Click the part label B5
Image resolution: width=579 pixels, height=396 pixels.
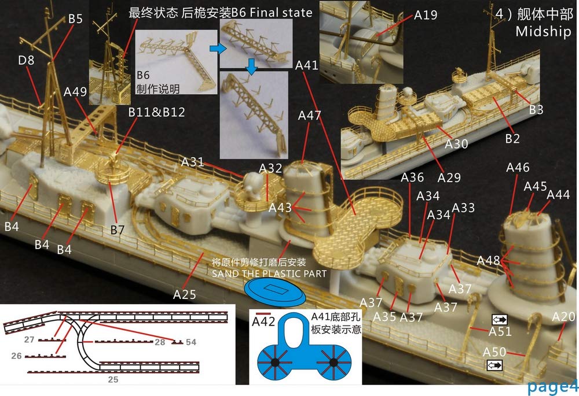coord(75,19)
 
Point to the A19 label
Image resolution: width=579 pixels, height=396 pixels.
coord(426,15)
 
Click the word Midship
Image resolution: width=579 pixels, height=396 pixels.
coord(543,32)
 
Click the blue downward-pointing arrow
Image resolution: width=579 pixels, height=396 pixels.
coord(252,69)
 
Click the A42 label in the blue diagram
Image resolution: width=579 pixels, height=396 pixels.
coord(263,323)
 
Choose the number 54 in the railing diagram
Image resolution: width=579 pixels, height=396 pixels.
coord(190,343)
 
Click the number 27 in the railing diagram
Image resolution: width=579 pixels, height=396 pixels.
coord(30,340)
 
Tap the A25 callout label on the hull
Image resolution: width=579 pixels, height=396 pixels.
coord(185,294)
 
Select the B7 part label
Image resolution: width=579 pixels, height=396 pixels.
coord(118,230)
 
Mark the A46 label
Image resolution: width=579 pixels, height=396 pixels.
coord(518,168)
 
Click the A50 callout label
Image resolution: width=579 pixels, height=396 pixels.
coord(494,351)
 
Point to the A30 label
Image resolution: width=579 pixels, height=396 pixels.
coord(456,144)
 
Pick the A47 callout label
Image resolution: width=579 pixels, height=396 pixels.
coord(309,116)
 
